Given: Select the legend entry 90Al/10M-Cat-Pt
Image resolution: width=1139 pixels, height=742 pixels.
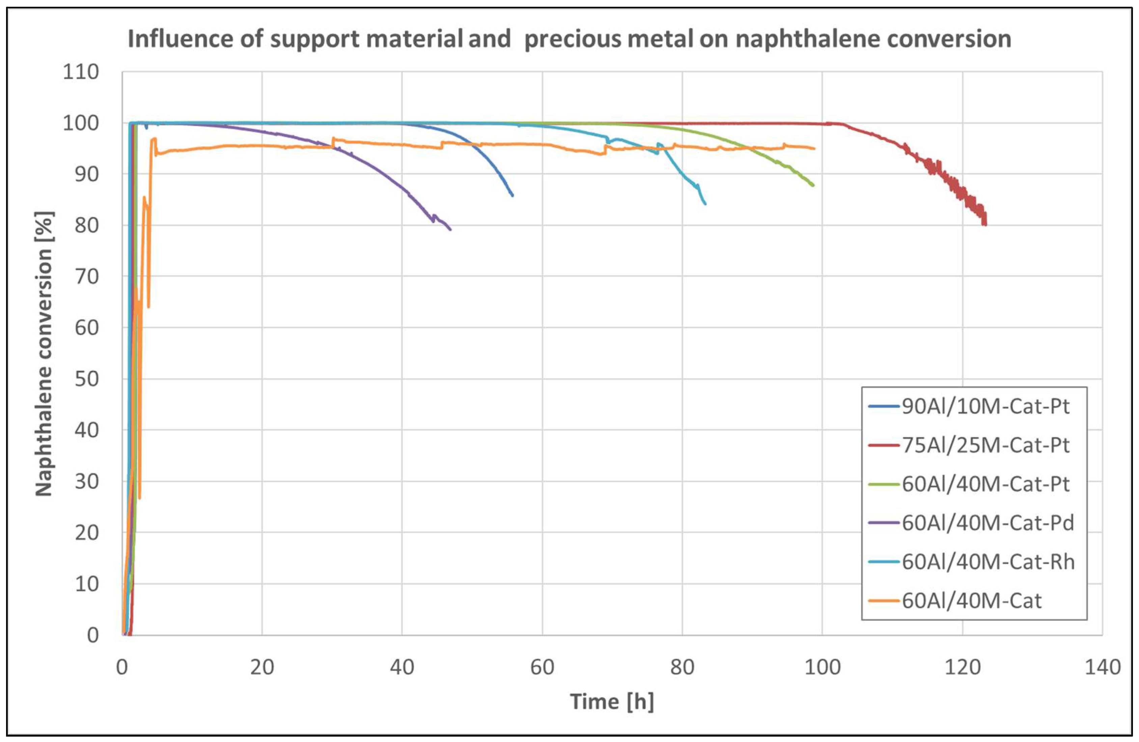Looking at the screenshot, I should (x=985, y=406).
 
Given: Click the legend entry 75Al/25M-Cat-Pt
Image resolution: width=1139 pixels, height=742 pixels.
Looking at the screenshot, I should (x=985, y=445).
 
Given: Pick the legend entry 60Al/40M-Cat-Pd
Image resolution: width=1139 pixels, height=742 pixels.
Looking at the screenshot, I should (x=988, y=523).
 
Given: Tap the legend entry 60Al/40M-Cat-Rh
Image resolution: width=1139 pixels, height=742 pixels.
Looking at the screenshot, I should (x=988, y=561).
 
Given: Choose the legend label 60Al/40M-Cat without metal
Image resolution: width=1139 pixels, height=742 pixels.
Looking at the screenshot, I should (x=972, y=600).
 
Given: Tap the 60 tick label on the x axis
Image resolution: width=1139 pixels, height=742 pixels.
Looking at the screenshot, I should (x=542, y=667).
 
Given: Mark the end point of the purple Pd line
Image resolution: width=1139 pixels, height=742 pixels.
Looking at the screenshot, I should (x=450, y=229).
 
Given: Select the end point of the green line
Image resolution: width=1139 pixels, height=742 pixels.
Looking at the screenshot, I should (x=813, y=185).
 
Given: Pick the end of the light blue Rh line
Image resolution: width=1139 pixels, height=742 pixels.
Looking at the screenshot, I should (x=705, y=204).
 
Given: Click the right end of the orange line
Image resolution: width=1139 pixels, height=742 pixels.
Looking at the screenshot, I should (x=814, y=148).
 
